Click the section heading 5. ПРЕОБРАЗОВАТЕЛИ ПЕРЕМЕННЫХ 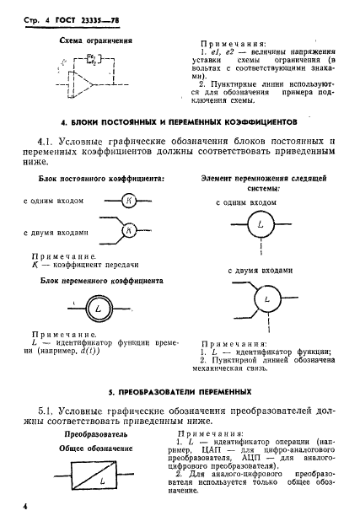pos(180,393)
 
